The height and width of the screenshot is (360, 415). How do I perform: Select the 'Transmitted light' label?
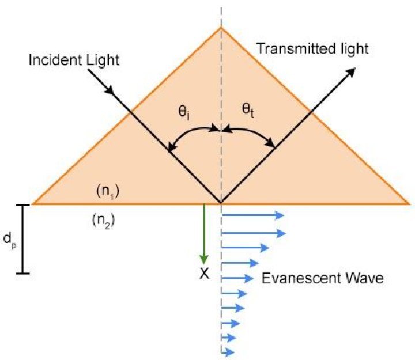coord(312,48)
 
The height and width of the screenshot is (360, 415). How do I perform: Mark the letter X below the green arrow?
coord(203,274)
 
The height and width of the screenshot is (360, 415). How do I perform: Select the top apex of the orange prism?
coord(221,27)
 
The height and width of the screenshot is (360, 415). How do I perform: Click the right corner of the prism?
coord(409,204)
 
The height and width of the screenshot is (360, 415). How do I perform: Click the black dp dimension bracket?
coord(23,238)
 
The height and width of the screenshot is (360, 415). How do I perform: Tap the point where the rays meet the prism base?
coord(221,203)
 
